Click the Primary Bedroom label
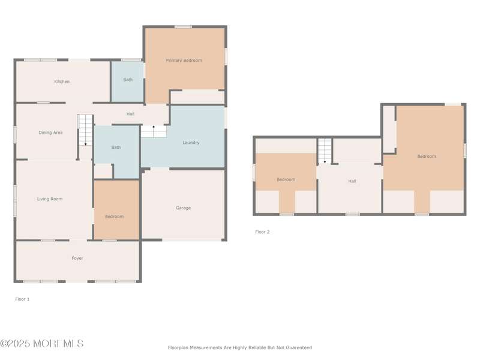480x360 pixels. (x=184, y=61)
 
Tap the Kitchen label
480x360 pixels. (x=62, y=82)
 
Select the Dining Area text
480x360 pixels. (x=50, y=133)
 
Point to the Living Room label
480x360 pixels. (x=50, y=199)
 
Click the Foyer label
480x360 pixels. (x=77, y=259)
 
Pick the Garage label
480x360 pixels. (x=184, y=208)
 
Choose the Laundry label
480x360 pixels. (x=191, y=143)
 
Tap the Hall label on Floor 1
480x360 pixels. (x=130, y=114)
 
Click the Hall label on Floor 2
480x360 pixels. (x=352, y=181)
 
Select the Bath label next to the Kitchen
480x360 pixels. (x=128, y=80)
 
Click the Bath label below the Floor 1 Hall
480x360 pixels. (x=116, y=147)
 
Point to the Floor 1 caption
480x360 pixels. (x=22, y=299)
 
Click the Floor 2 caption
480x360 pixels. (x=262, y=232)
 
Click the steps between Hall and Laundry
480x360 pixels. (x=154, y=131)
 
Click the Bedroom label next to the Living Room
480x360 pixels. (x=114, y=217)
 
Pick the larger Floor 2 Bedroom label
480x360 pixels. (x=427, y=157)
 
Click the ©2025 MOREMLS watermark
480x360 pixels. (x=42, y=344)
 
